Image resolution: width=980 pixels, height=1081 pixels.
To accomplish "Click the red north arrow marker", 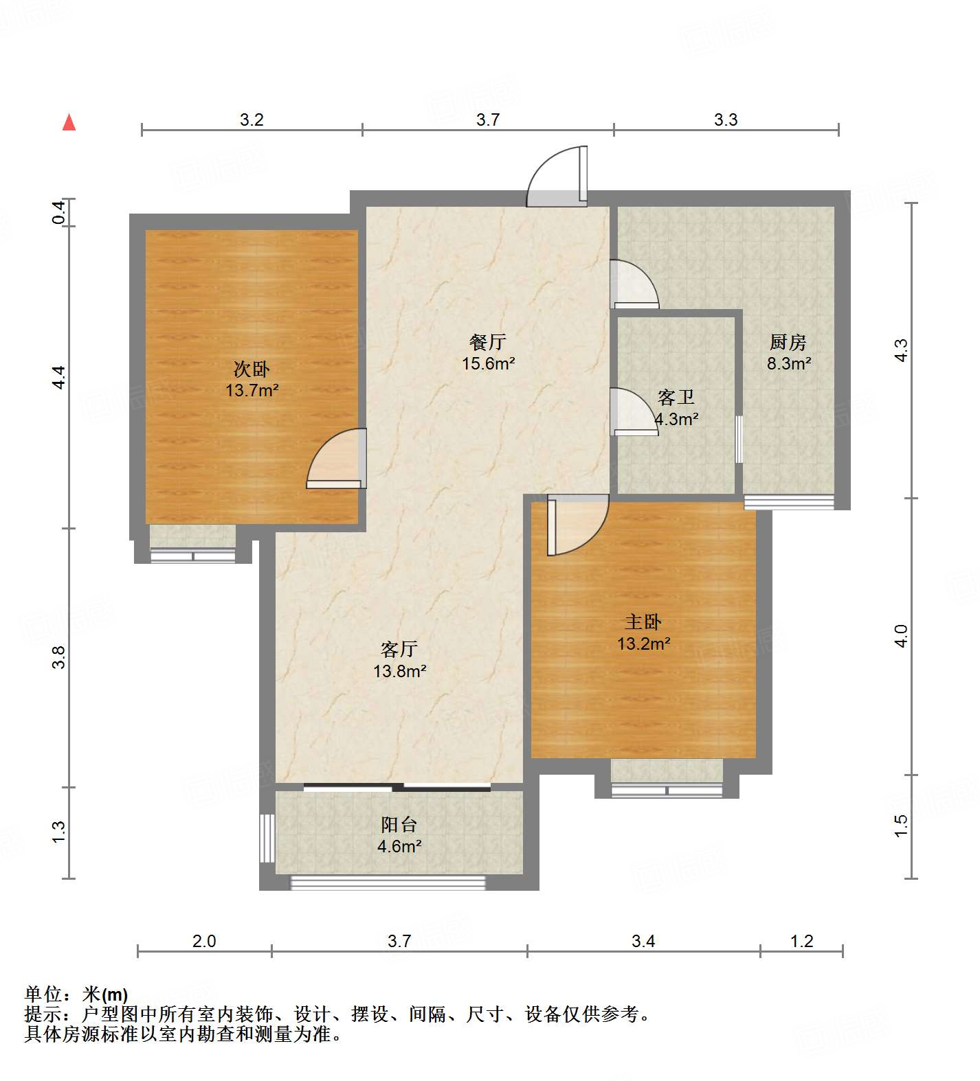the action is tap(69, 122).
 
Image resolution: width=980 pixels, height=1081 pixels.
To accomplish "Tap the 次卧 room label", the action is tap(252, 369).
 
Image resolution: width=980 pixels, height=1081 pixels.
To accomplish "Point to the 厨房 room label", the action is tap(788, 341).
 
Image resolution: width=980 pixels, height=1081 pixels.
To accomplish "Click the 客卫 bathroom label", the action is tap(676, 397).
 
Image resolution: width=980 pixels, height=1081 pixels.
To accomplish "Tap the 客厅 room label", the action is tap(399, 649).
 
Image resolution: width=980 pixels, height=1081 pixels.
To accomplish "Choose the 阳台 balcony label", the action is tap(399, 824).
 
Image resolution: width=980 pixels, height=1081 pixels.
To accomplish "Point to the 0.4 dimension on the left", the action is tap(60, 212).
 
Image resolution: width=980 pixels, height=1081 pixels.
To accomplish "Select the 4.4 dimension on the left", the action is tap(60, 378).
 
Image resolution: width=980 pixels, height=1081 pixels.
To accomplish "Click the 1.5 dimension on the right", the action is tap(902, 826).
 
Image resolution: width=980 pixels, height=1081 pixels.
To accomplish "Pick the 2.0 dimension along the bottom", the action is tap(204, 940).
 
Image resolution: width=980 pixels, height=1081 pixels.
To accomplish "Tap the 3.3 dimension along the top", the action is tap(726, 120).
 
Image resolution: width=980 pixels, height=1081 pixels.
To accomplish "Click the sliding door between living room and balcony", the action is tap(397, 787).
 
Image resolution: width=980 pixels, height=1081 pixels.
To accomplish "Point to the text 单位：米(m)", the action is tap(76, 994).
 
